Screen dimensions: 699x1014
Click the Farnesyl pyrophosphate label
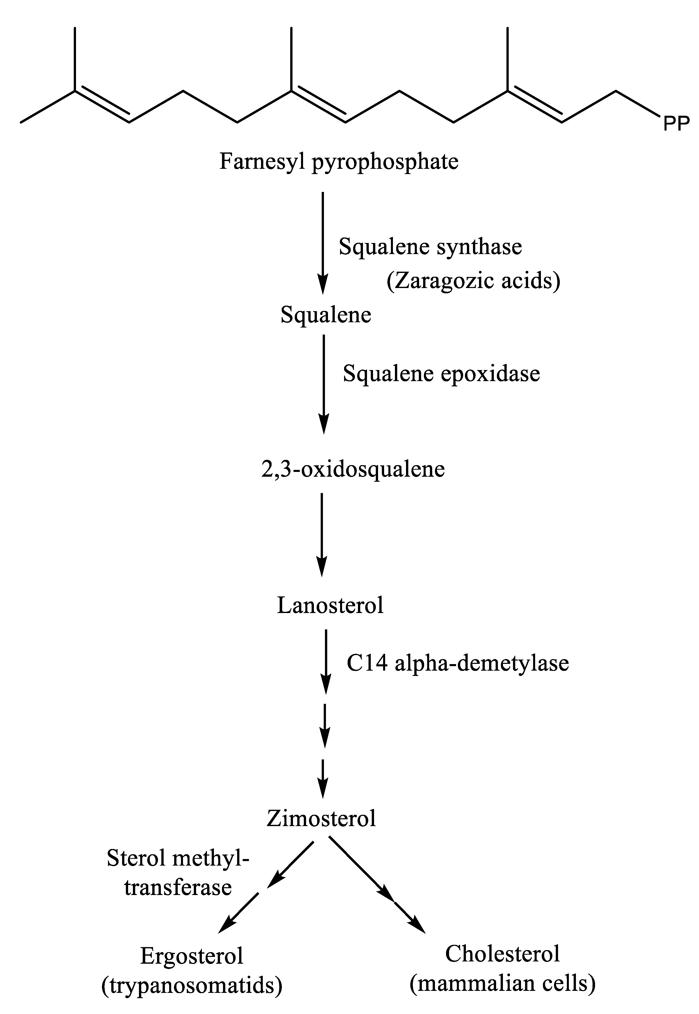[x=339, y=161]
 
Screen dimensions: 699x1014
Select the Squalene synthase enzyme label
[x=430, y=247]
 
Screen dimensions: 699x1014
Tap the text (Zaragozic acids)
[x=473, y=280]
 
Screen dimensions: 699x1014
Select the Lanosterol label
[x=330, y=606]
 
